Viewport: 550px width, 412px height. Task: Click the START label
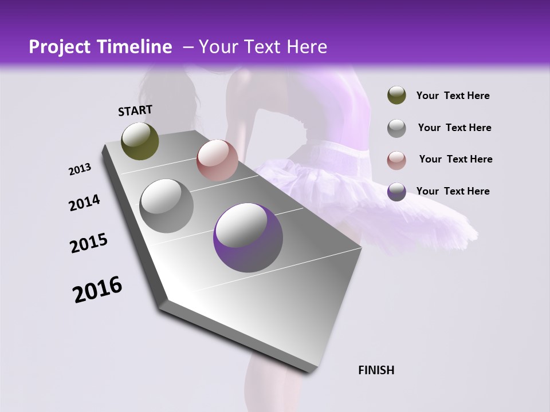tap(135, 110)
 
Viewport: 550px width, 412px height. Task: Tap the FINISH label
tap(376, 370)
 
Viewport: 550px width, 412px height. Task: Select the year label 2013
tap(80, 169)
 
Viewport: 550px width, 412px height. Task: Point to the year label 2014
tap(84, 203)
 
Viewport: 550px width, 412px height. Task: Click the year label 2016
tap(97, 290)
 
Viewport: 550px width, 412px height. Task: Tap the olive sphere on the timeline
tap(140, 141)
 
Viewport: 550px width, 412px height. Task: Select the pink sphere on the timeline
tap(217, 160)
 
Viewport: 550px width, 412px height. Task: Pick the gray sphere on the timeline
tap(167, 205)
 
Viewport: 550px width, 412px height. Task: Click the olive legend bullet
tap(396, 96)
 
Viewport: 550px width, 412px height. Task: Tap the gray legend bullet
tap(396, 128)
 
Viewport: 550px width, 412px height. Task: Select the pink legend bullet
tap(396, 160)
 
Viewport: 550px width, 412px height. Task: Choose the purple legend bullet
tap(396, 191)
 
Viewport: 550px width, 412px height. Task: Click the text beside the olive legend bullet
tap(453, 96)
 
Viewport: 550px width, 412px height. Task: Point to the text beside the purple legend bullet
tap(453, 191)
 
